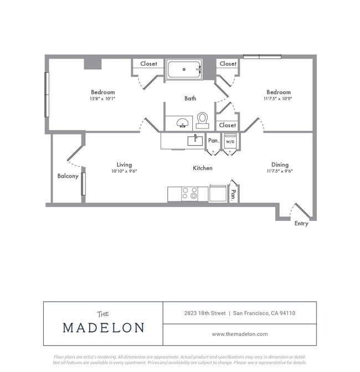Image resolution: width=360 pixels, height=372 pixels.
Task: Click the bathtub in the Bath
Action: (x=184, y=70)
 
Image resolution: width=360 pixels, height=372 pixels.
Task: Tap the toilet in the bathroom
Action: (x=202, y=120)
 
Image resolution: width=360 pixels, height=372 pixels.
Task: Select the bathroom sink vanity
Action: (x=179, y=122)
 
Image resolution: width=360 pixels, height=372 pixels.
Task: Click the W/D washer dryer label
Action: (x=230, y=141)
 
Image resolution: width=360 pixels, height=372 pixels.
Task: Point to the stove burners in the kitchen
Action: (x=190, y=193)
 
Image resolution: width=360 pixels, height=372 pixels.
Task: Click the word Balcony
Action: (x=68, y=176)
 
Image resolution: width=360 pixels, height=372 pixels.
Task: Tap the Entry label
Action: (x=301, y=224)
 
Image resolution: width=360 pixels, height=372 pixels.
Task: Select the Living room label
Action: (x=124, y=164)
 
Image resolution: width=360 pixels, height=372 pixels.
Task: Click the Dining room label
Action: (x=280, y=164)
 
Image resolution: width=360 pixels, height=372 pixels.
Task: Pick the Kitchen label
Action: (x=202, y=168)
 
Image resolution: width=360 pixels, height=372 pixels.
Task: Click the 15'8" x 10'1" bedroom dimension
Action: (x=102, y=99)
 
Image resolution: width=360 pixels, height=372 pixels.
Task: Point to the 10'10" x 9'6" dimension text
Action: (x=124, y=171)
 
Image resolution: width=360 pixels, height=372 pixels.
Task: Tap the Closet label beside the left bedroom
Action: (x=148, y=64)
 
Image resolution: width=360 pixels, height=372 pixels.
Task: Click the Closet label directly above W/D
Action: (x=227, y=125)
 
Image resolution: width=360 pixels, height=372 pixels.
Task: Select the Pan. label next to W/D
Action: (x=213, y=141)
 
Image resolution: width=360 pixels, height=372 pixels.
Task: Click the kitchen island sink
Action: (x=194, y=140)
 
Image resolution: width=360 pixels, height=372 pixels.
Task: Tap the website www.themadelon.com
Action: (x=240, y=334)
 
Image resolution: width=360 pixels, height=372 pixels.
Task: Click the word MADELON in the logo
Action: (x=103, y=327)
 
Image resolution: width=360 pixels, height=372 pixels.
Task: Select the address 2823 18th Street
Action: (x=205, y=313)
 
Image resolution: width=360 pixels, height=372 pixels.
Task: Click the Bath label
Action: (x=190, y=99)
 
